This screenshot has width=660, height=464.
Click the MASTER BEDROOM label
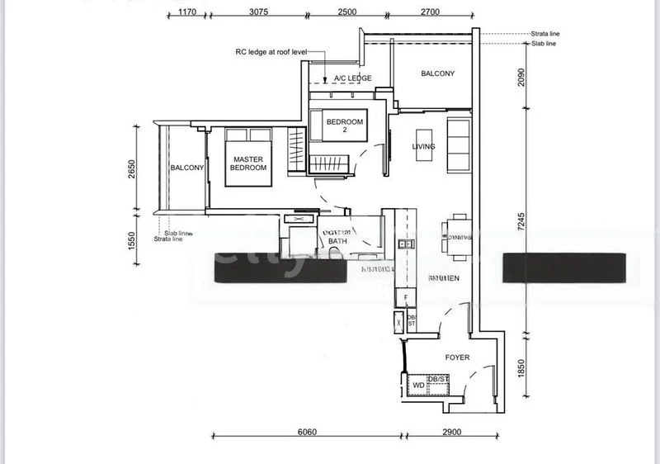[248, 163]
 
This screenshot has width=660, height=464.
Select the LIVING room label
[424, 147]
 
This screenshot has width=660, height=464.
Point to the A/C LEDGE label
[352, 78]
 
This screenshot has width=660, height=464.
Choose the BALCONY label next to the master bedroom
[187, 168]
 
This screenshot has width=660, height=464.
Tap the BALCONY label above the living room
[437, 73]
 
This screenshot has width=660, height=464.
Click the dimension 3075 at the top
[258, 12]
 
